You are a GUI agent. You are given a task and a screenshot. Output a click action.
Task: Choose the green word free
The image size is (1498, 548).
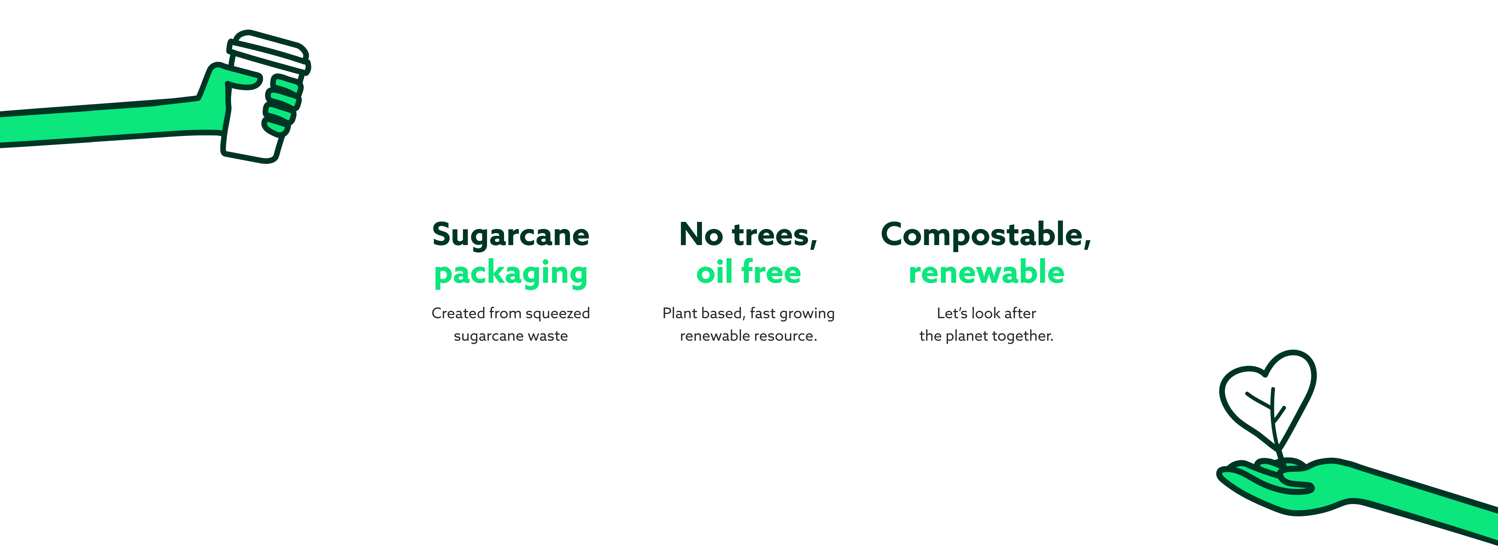point(771,272)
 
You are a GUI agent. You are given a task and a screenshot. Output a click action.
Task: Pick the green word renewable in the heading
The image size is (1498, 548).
point(986,272)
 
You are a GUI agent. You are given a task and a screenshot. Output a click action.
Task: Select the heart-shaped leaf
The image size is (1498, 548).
point(1268,401)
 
